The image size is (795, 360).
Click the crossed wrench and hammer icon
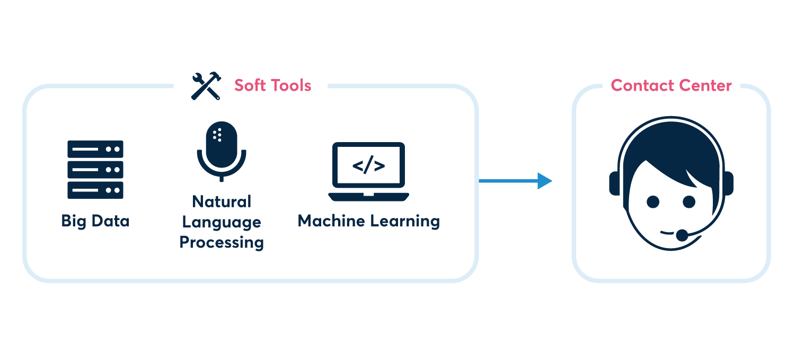(206, 86)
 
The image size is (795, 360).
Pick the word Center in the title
(704, 85)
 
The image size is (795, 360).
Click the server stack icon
(95, 170)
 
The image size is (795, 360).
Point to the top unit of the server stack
(95, 149)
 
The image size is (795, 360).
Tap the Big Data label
(95, 221)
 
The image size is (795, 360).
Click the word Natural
(222, 201)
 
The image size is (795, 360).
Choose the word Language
(222, 222)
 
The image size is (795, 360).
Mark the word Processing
(222, 242)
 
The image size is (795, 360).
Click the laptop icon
(368, 171)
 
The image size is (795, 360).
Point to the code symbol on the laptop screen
(368, 166)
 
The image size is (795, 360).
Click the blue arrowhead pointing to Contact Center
(544, 181)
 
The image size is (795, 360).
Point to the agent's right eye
(653, 202)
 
